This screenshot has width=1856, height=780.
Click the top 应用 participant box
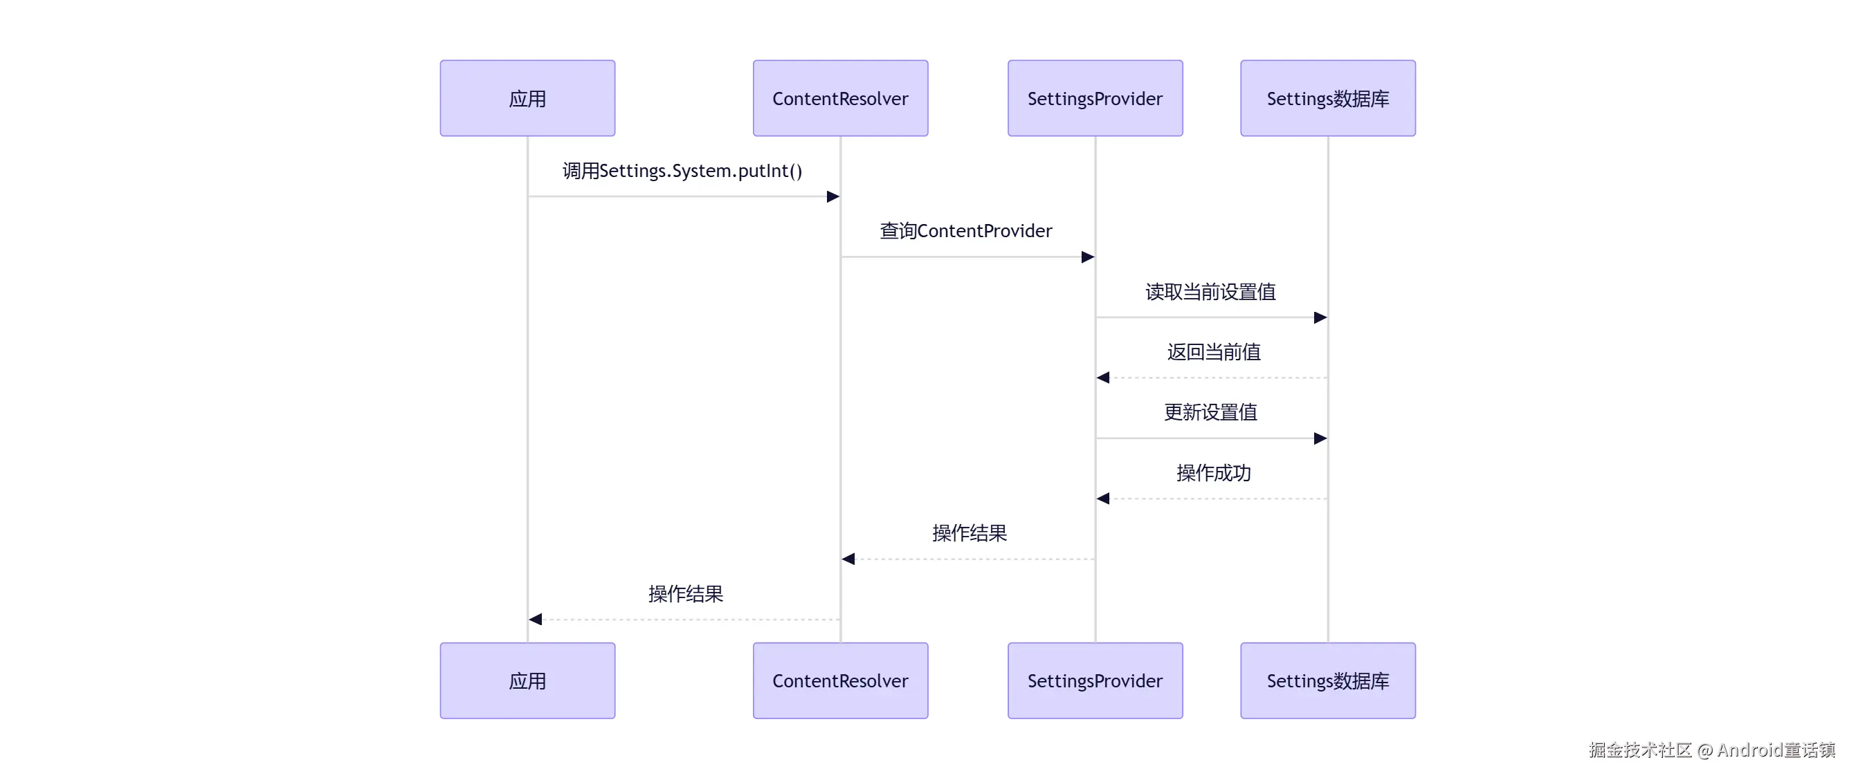[527, 98]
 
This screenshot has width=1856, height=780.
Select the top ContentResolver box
[840, 98]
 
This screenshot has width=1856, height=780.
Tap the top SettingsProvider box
[1095, 98]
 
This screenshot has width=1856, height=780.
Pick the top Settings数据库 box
[1327, 98]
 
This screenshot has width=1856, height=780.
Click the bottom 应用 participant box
[527, 680]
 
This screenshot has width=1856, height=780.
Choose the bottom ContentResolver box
[840, 680]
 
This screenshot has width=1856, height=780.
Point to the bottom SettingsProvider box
[1095, 680]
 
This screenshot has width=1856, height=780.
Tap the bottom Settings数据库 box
[1327, 680]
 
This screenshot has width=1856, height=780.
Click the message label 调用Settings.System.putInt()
[682, 171]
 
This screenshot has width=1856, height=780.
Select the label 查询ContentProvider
[965, 230]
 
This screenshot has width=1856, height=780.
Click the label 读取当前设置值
[1210, 292]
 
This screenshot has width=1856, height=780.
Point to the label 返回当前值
[1213, 351]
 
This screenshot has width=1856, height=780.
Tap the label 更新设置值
[1210, 412]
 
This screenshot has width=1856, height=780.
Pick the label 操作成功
[1213, 472]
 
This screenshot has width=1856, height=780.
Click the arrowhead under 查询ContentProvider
[1088, 257]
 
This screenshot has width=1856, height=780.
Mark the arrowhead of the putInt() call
[833, 196]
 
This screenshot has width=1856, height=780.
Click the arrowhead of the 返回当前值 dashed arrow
[1103, 378]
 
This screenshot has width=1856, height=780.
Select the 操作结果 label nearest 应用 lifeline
[685, 593]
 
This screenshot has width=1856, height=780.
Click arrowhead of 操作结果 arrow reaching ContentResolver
[848, 559]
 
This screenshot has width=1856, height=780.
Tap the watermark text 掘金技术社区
[1640, 750]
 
